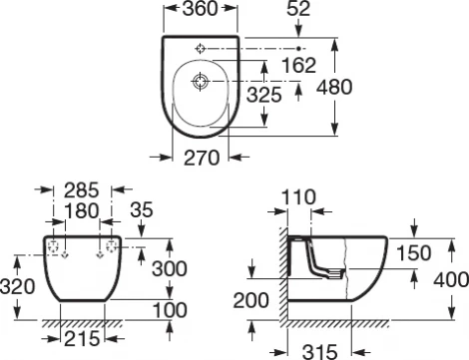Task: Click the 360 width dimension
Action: [x=199, y=14]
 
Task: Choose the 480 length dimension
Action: [x=333, y=87]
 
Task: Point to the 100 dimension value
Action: [x=170, y=309]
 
